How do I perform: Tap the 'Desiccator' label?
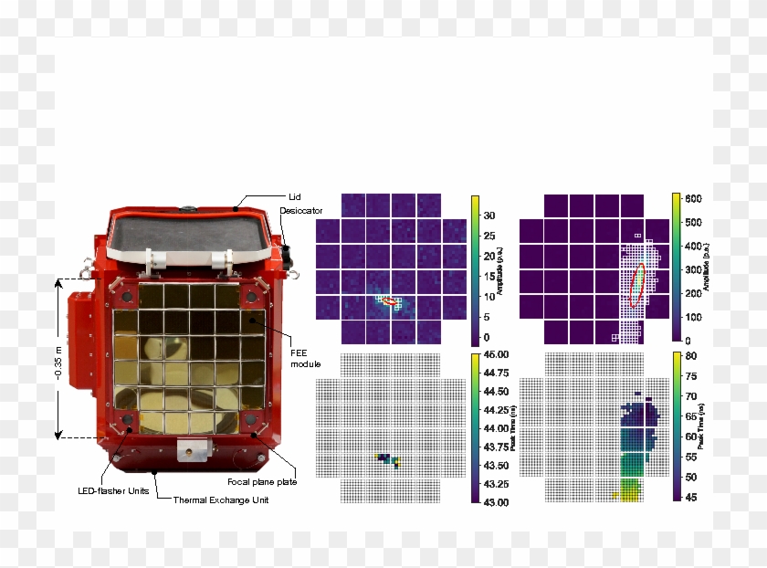(300, 211)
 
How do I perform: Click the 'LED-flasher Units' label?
(113, 491)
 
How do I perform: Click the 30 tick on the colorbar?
(489, 216)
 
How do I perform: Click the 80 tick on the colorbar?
(691, 356)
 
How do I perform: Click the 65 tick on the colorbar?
(691, 416)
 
